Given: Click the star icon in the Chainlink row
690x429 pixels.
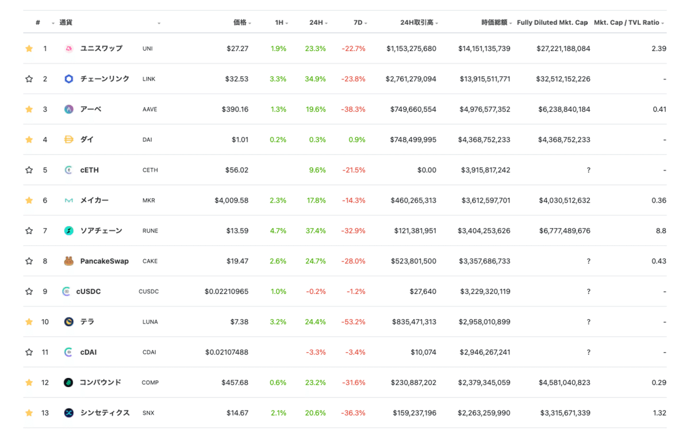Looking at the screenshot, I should tap(29, 79).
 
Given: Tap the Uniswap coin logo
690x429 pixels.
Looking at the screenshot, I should tap(69, 49).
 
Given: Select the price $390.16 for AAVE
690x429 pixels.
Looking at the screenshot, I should tap(235, 109).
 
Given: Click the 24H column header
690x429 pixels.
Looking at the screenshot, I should tap(316, 22).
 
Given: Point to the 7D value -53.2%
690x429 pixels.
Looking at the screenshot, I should tap(353, 322).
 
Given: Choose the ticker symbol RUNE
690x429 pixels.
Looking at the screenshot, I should tap(150, 231).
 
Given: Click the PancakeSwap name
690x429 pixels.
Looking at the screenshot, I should tap(104, 261).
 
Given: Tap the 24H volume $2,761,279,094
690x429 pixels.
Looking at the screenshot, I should tap(411, 79).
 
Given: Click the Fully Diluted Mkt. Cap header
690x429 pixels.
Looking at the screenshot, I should tap(552, 22).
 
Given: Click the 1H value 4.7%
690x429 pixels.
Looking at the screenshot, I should tap(278, 231).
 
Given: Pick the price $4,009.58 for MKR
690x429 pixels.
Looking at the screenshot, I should tap(231, 200).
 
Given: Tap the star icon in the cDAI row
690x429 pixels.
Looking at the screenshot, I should tap(29, 352).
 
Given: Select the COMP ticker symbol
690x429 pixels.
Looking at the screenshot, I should tap(150, 382).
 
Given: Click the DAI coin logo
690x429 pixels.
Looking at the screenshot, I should tap(69, 140).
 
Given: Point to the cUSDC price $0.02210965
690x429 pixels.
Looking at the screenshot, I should tap(227, 292).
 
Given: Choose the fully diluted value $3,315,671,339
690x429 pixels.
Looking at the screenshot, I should tap(565, 413).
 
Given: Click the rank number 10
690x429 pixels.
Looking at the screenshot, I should tap(45, 322).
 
